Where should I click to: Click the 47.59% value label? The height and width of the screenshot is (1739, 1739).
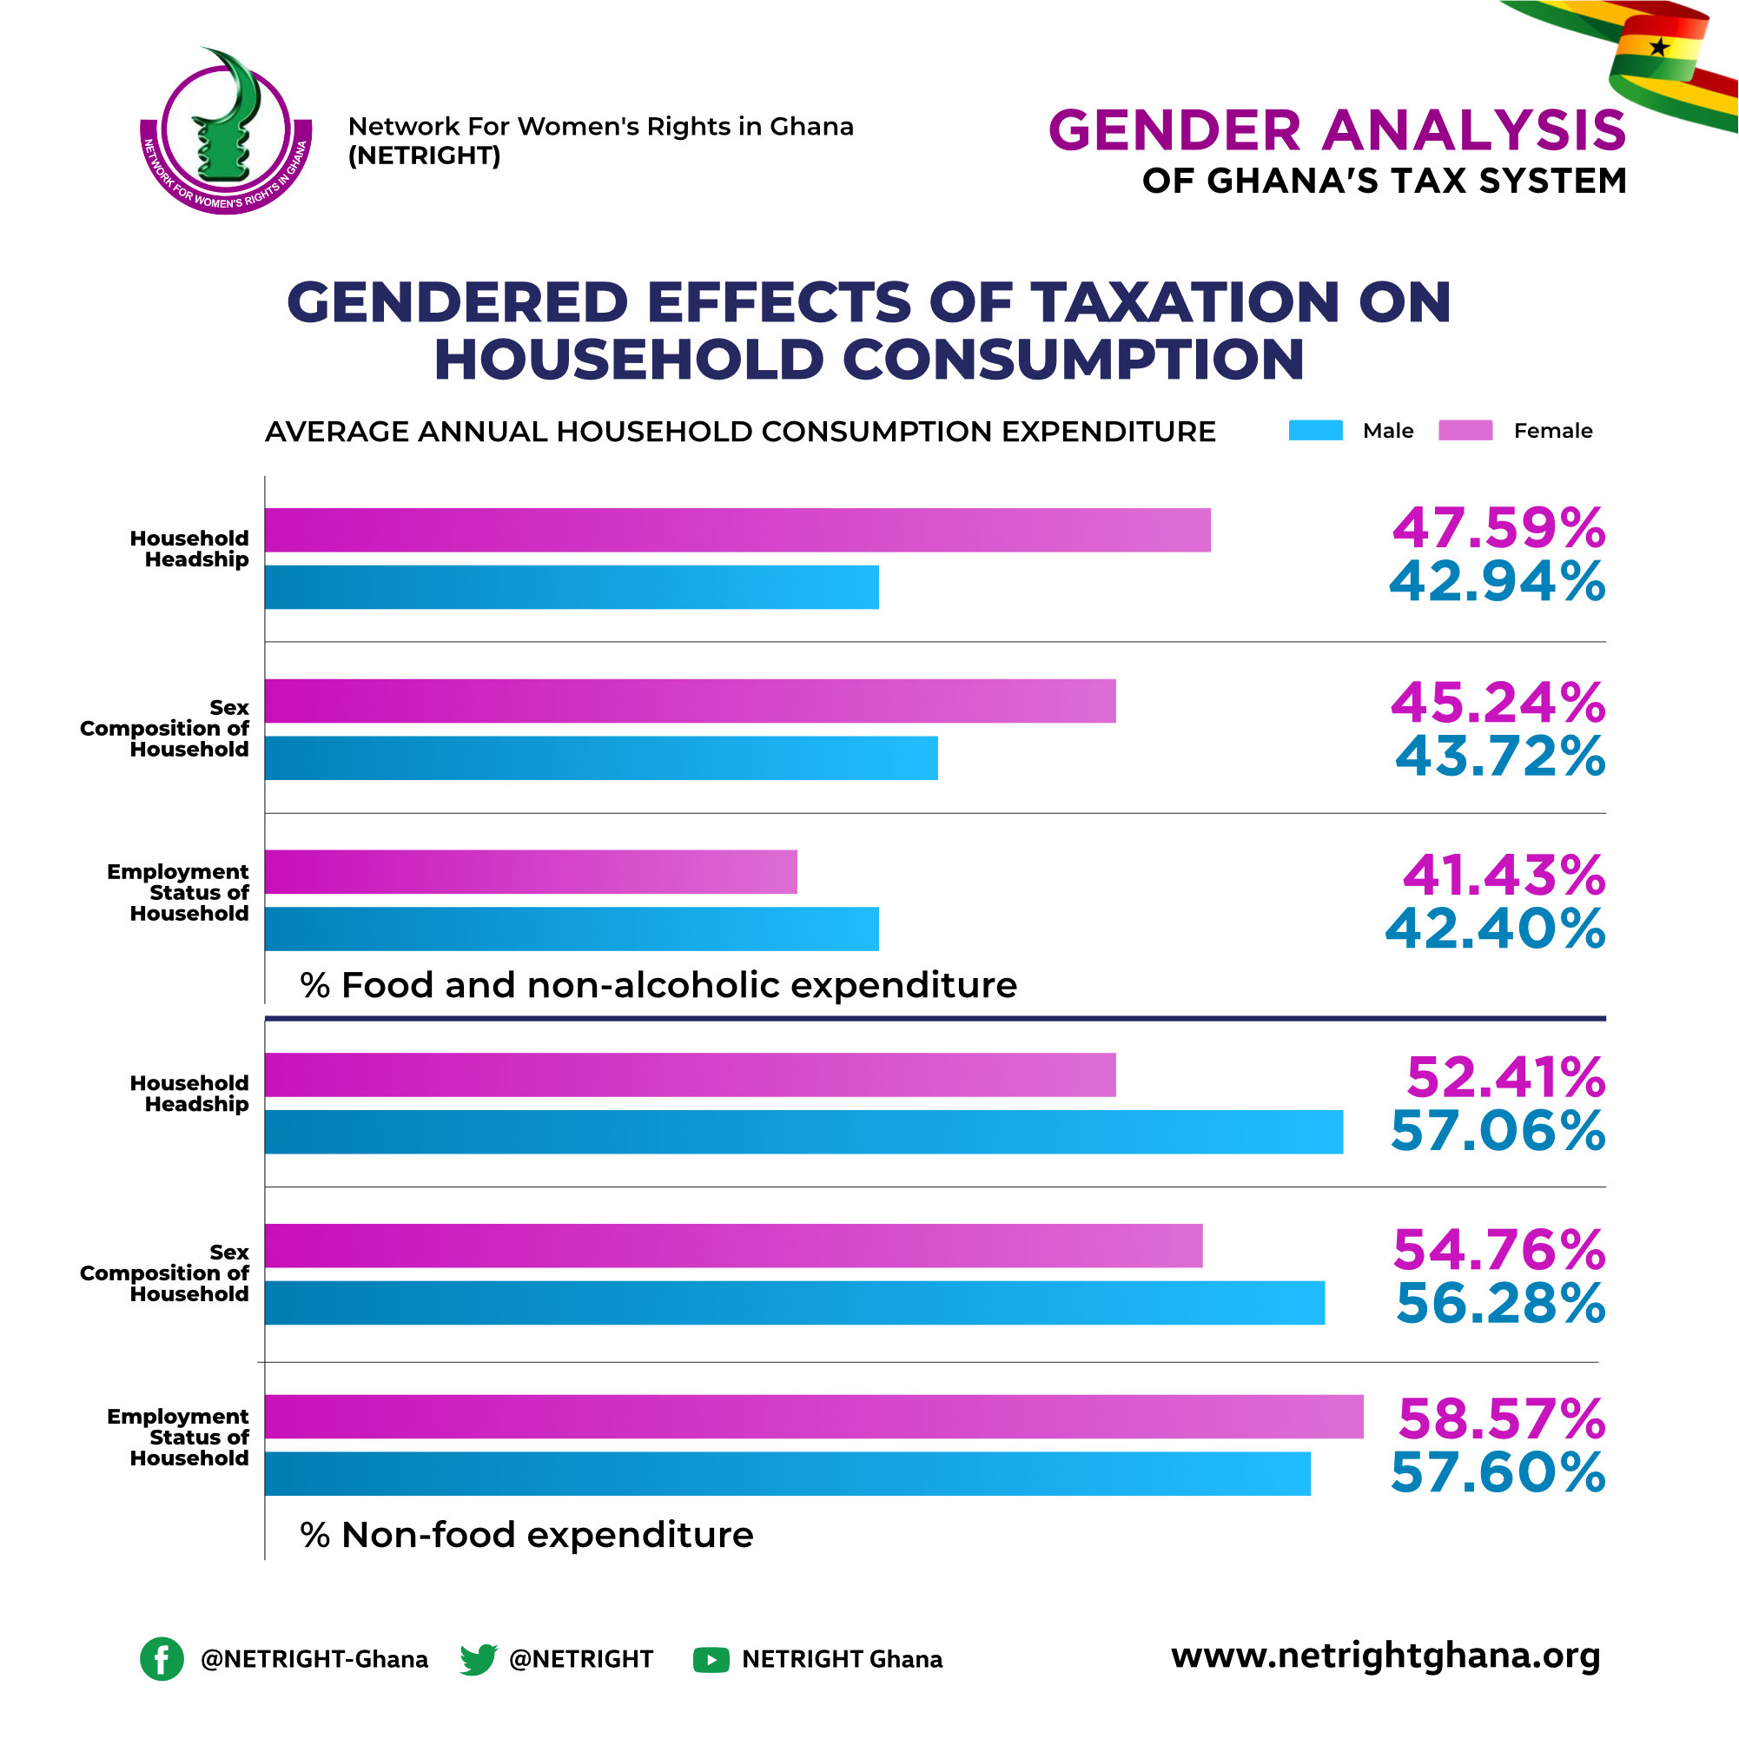coord(1498,528)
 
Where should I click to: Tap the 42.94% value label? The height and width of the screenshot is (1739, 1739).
coord(1497,581)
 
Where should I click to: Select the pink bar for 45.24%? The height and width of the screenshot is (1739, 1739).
coord(691,701)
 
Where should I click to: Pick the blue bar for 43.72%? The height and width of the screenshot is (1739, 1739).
coord(601,758)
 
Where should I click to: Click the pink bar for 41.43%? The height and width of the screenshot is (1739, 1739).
coord(531,872)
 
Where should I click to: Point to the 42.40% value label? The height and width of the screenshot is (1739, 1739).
coord(1495,929)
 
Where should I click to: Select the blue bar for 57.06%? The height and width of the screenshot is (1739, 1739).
coord(803,1133)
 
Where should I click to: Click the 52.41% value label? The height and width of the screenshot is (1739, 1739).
coord(1506,1077)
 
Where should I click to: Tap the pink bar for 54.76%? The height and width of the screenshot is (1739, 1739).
coord(734,1246)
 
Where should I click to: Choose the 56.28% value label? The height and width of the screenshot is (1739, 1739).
coord(1500,1303)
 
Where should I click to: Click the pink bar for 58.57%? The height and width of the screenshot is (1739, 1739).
coord(814,1417)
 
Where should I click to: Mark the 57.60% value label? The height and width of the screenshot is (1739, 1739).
coord(1498,1472)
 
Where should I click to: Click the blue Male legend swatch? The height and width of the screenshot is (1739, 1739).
coord(1315,430)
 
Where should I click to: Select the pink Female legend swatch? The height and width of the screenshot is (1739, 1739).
coord(1465,430)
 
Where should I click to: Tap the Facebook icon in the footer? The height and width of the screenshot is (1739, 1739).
coord(162,1659)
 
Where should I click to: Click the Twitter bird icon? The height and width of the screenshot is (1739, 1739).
coord(478,1659)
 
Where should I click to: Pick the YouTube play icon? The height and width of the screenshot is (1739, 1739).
coord(711,1660)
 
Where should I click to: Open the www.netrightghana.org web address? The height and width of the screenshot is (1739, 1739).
coord(1386,1656)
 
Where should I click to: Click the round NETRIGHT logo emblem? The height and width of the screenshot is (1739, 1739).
coord(226,131)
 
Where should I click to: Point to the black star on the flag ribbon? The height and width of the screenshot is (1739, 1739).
coord(1659,46)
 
